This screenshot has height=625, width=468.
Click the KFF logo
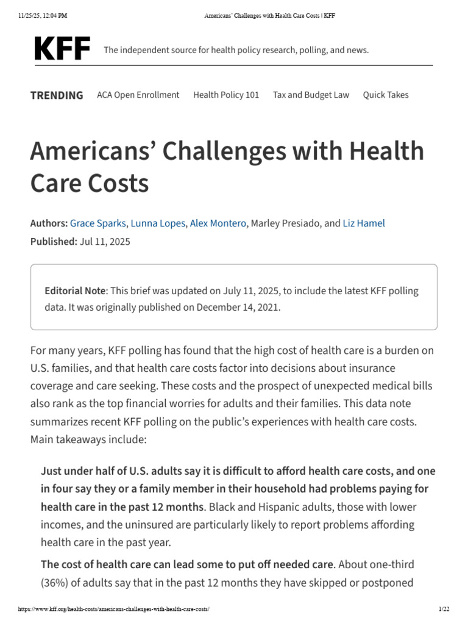click(x=62, y=48)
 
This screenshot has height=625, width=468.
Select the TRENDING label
click(x=57, y=95)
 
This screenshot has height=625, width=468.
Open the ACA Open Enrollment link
click(x=138, y=95)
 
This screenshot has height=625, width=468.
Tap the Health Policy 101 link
click(x=226, y=95)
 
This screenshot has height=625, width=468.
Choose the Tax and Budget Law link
click(x=311, y=95)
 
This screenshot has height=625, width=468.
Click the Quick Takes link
click(x=386, y=95)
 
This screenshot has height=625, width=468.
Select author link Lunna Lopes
click(x=157, y=223)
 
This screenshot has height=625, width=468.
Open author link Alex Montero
click(x=218, y=223)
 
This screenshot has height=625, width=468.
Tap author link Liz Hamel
click(x=364, y=223)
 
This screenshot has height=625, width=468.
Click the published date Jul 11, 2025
click(x=104, y=242)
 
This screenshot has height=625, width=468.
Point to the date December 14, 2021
click(x=239, y=307)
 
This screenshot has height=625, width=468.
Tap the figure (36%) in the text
click(x=54, y=582)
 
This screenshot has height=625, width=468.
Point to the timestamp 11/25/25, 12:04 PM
click(x=42, y=15)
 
